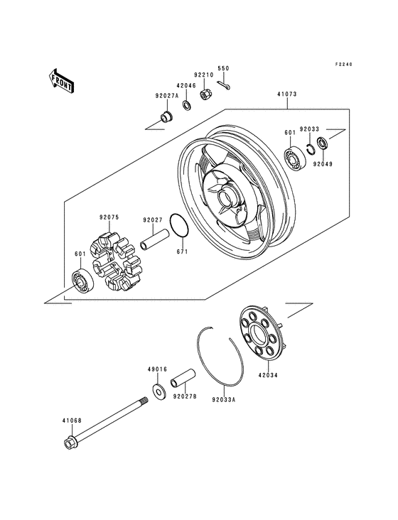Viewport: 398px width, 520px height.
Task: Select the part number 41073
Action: point(288,93)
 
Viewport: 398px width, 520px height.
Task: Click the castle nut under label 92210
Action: point(206,93)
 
